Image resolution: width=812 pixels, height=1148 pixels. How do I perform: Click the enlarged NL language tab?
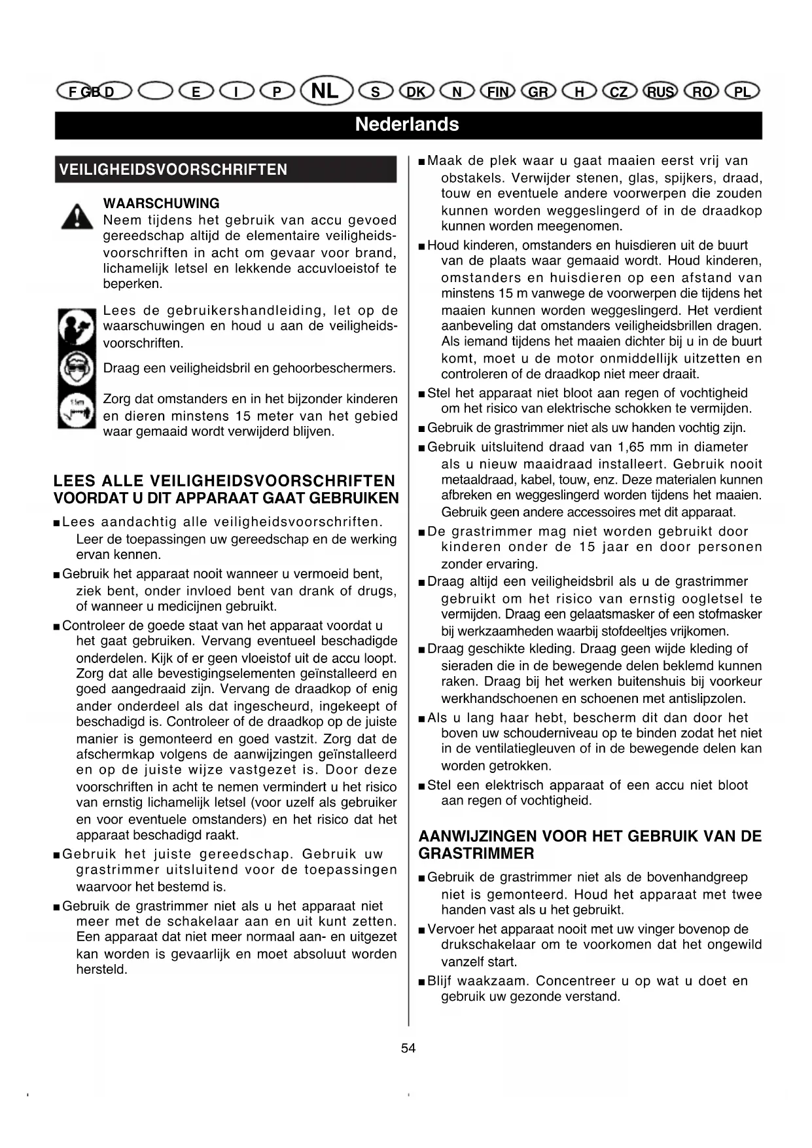[x=326, y=90]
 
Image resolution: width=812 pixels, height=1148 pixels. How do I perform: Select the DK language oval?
[x=416, y=92]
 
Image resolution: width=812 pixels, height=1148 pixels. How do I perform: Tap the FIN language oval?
[x=497, y=92]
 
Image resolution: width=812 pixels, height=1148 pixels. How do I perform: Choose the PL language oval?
[x=742, y=92]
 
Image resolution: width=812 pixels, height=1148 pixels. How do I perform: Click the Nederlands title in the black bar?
[x=407, y=124]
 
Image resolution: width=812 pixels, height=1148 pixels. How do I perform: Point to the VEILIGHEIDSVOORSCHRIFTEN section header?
[x=173, y=170]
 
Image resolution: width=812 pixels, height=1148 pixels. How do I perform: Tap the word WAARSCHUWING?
[x=161, y=204]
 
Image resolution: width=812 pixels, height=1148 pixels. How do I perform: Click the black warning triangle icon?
[x=77, y=216]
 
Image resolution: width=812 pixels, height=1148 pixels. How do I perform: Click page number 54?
[x=408, y=1048]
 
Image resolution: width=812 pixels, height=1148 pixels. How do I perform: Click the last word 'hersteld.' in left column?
[x=101, y=970]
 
